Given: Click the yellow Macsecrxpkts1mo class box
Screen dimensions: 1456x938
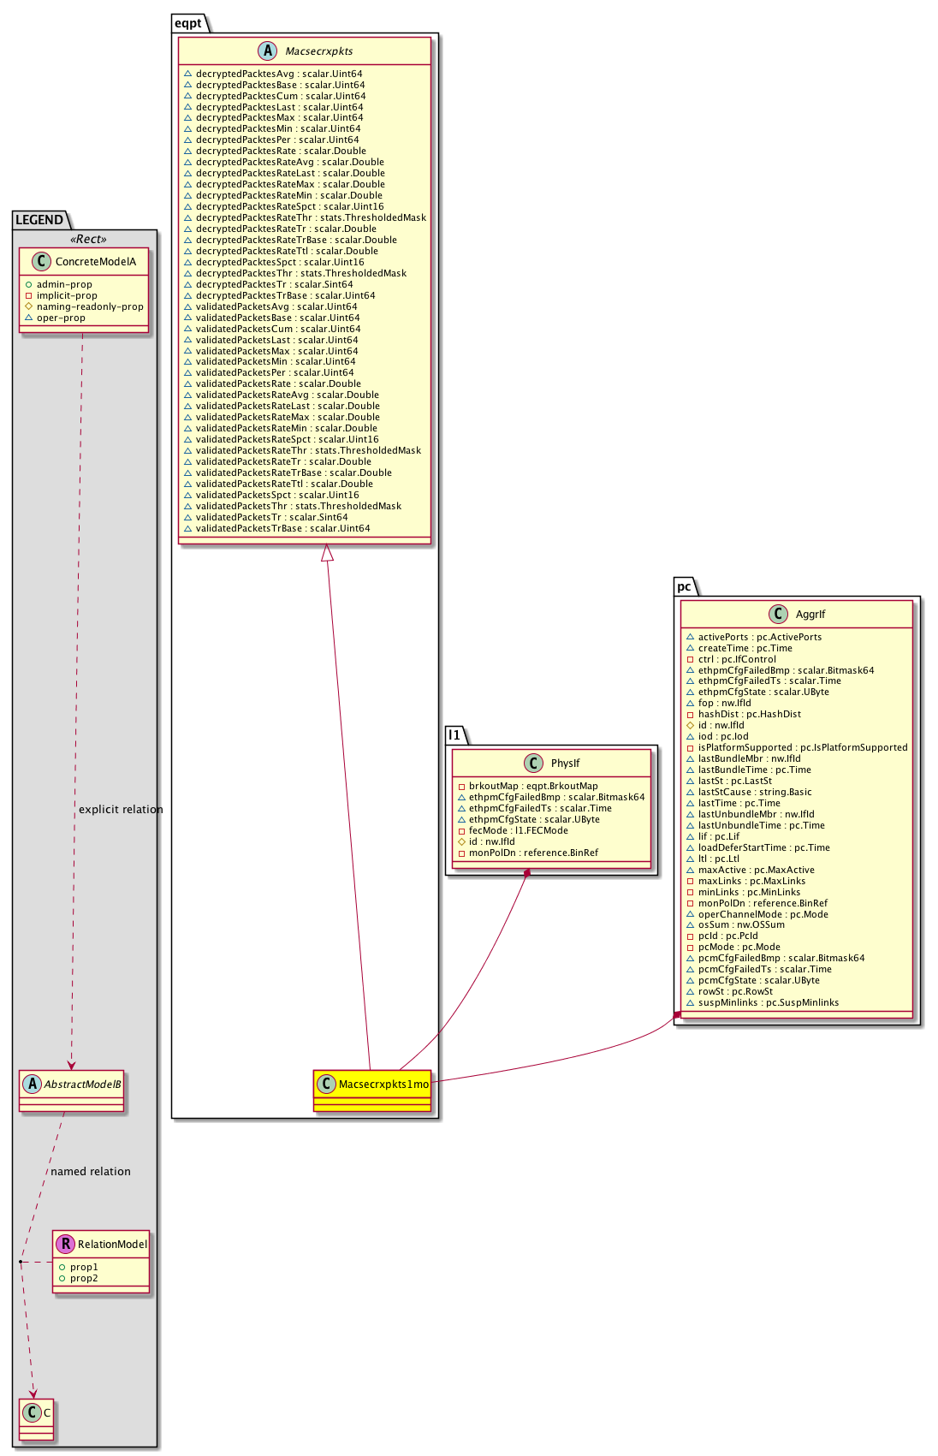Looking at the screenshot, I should pyautogui.click(x=371, y=1090).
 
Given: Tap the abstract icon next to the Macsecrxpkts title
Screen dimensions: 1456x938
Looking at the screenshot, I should pyautogui.click(x=267, y=51).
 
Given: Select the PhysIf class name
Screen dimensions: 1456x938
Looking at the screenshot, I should pyautogui.click(x=565, y=764).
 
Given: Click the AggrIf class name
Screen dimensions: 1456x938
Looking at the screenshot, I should pyautogui.click(x=810, y=614).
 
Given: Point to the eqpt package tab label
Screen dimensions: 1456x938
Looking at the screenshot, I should pyautogui.click(x=188, y=23).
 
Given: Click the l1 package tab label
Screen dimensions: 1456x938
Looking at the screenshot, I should pyautogui.click(x=454, y=735).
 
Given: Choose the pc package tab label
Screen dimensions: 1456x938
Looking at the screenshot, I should pyautogui.click(x=684, y=586).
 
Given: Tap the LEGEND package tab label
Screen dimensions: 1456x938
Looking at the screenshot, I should pyautogui.click(x=39, y=220).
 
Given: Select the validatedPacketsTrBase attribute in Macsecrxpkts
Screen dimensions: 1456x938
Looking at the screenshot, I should pyautogui.click(x=282, y=528).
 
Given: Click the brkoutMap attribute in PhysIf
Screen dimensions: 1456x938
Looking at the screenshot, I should pyautogui.click(x=533, y=786).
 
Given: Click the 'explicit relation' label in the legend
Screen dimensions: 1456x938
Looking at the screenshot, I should pyautogui.click(x=121, y=810).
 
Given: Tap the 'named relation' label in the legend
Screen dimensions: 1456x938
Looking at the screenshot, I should pyautogui.click(x=91, y=1172).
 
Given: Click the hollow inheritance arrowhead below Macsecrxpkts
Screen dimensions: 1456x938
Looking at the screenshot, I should pyautogui.click(x=327, y=553).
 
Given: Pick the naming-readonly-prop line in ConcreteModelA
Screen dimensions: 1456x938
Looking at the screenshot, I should pyautogui.click(x=90, y=306).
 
